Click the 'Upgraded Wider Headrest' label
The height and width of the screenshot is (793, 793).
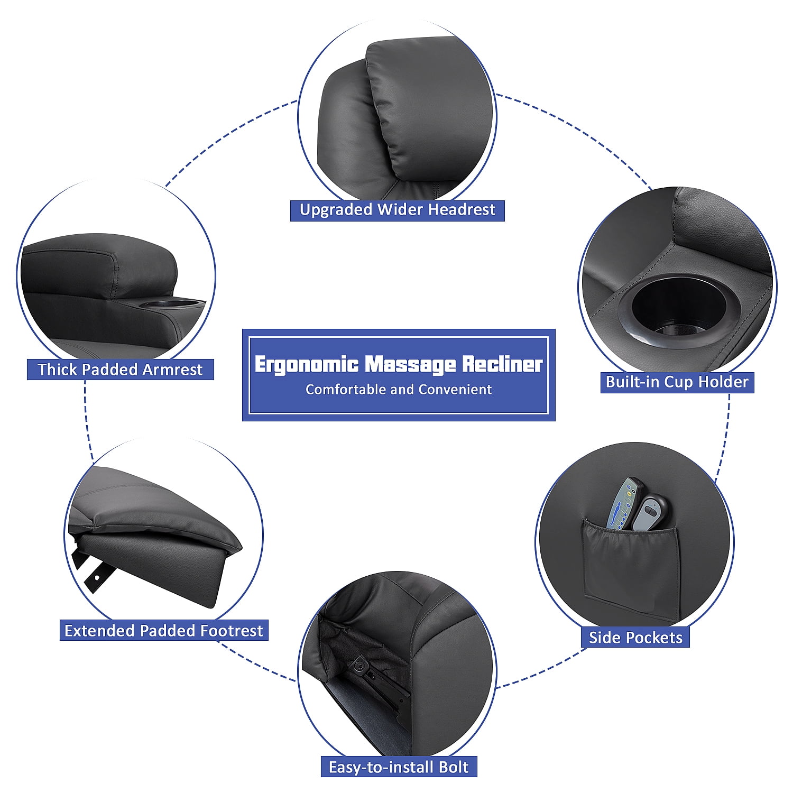pyautogui.click(x=397, y=210)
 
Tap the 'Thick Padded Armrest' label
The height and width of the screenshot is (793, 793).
pyautogui.click(x=120, y=369)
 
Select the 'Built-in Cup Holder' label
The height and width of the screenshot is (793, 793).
pyautogui.click(x=677, y=382)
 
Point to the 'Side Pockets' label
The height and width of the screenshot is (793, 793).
pyautogui.click(x=635, y=638)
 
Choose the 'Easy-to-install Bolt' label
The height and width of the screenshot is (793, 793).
pyautogui.click(x=399, y=767)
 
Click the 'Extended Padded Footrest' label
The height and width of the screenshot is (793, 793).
pyautogui.click(x=163, y=630)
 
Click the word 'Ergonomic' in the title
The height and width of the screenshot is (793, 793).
pyautogui.click(x=306, y=364)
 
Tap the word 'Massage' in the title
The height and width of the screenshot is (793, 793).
pyautogui.click(x=410, y=364)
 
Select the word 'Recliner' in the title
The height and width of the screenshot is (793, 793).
pyautogui.click(x=502, y=364)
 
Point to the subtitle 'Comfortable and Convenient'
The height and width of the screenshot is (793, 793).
pyautogui.click(x=399, y=390)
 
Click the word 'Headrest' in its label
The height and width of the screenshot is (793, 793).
pyautogui.click(x=462, y=210)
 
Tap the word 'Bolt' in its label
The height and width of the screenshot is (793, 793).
pyautogui.click(x=454, y=767)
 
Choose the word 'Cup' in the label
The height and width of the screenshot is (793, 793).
pyautogui.click(x=690, y=382)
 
